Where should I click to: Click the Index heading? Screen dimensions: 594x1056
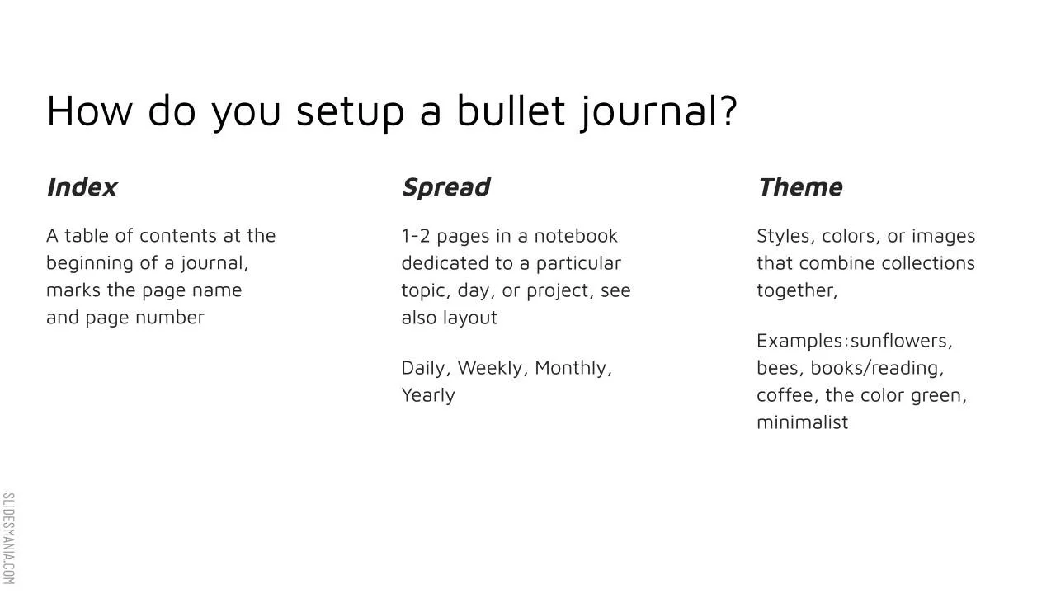pos(82,187)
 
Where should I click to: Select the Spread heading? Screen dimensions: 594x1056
pos(445,187)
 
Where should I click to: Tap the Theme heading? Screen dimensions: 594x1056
pos(799,187)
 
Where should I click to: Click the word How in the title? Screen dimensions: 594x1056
pos(88,111)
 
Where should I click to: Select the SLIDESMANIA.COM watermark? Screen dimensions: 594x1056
pos(8,538)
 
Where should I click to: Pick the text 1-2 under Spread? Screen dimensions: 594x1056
pos(416,236)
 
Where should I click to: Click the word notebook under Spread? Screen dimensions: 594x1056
pos(576,236)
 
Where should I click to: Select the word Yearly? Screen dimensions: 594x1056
pos(428,395)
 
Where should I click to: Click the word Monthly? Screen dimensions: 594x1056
pos(573,368)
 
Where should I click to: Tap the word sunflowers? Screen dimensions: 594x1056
pos(900,341)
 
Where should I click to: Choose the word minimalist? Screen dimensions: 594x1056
pos(802,422)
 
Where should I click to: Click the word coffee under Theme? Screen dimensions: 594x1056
pos(786,395)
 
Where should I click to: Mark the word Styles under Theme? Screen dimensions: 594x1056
pos(783,236)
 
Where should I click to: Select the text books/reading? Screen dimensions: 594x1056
pos(876,368)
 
